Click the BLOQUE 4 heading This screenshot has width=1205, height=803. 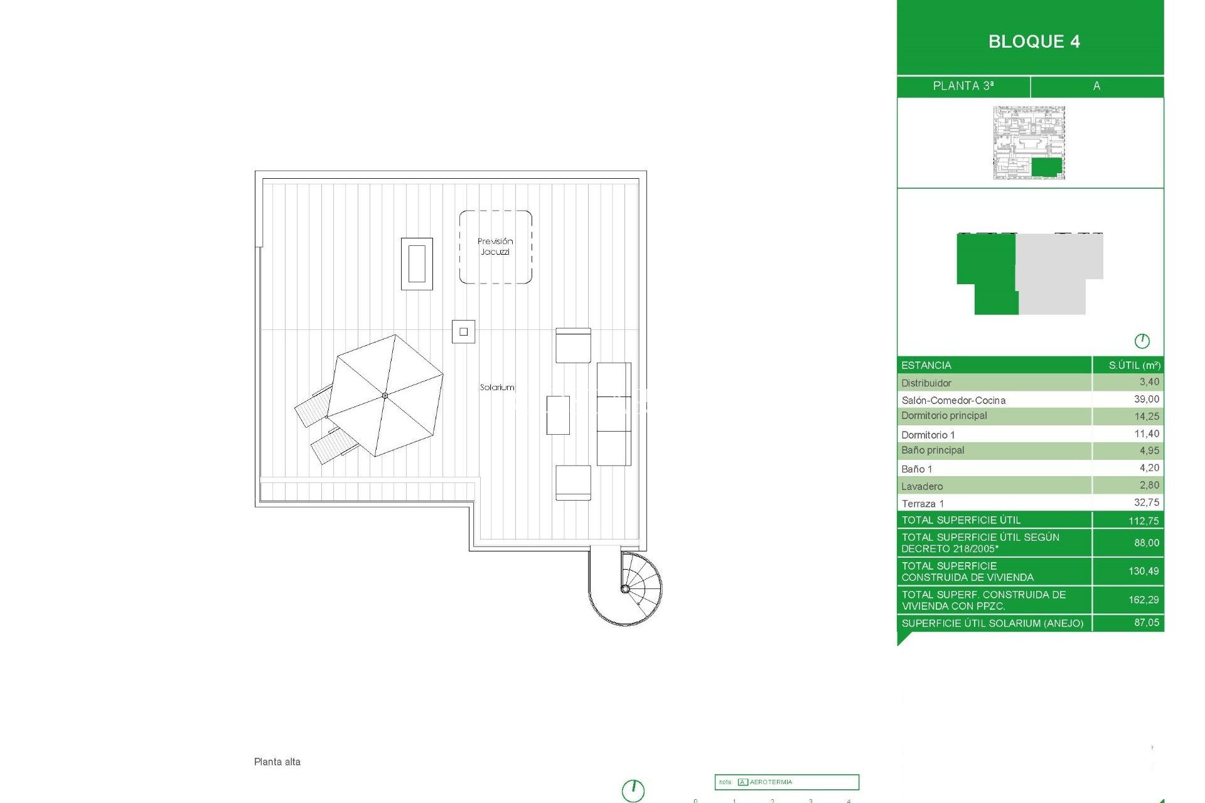[1034, 41]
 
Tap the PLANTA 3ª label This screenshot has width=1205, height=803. [963, 86]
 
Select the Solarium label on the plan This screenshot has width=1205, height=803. [497, 388]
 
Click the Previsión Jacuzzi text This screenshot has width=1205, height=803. [495, 247]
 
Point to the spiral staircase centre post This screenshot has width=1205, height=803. [625, 588]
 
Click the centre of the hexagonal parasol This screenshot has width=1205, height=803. [385, 396]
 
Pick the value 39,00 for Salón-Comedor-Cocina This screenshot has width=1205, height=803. [1146, 400]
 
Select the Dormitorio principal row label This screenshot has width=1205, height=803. [944, 416]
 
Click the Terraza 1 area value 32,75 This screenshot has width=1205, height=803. [1146, 503]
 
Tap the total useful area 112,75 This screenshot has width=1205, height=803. [1143, 521]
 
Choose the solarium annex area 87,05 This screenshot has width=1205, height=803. [1146, 622]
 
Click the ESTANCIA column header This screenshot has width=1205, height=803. [926, 365]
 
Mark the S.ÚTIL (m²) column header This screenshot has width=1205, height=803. [1134, 365]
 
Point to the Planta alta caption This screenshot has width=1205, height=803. [277, 762]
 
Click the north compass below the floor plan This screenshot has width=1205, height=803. [633, 790]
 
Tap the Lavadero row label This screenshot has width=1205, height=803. [921, 486]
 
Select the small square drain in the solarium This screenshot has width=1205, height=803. [463, 332]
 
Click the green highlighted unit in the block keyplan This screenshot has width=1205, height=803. [1046, 167]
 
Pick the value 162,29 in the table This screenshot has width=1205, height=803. [1143, 600]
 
